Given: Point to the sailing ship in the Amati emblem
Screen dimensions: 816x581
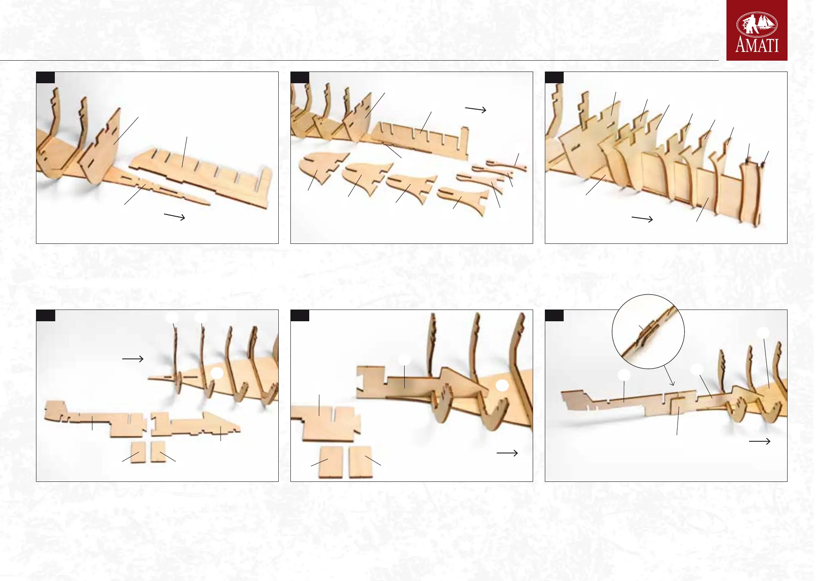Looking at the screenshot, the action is pyautogui.click(x=766, y=23).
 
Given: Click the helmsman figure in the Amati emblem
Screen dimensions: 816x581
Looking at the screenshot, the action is pyautogui.click(x=752, y=23).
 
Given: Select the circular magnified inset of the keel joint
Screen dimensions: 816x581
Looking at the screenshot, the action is pyautogui.click(x=648, y=331).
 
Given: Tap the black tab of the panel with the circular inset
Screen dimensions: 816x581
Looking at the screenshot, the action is pyautogui.click(x=554, y=315).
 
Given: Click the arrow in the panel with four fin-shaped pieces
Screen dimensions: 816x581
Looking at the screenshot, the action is pyautogui.click(x=475, y=110).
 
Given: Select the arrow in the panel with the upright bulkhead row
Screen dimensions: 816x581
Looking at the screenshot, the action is pyautogui.click(x=642, y=219).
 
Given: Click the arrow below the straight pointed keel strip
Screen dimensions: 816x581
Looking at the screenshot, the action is pyautogui.click(x=174, y=216).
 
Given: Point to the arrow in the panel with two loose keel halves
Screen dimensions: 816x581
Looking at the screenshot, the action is pyautogui.click(x=133, y=358).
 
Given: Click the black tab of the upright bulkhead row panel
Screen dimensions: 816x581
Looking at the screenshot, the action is pyautogui.click(x=554, y=77).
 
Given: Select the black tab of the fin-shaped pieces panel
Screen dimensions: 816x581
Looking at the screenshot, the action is pyautogui.click(x=300, y=77).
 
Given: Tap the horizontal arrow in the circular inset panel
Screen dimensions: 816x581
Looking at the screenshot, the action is pyautogui.click(x=760, y=441).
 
